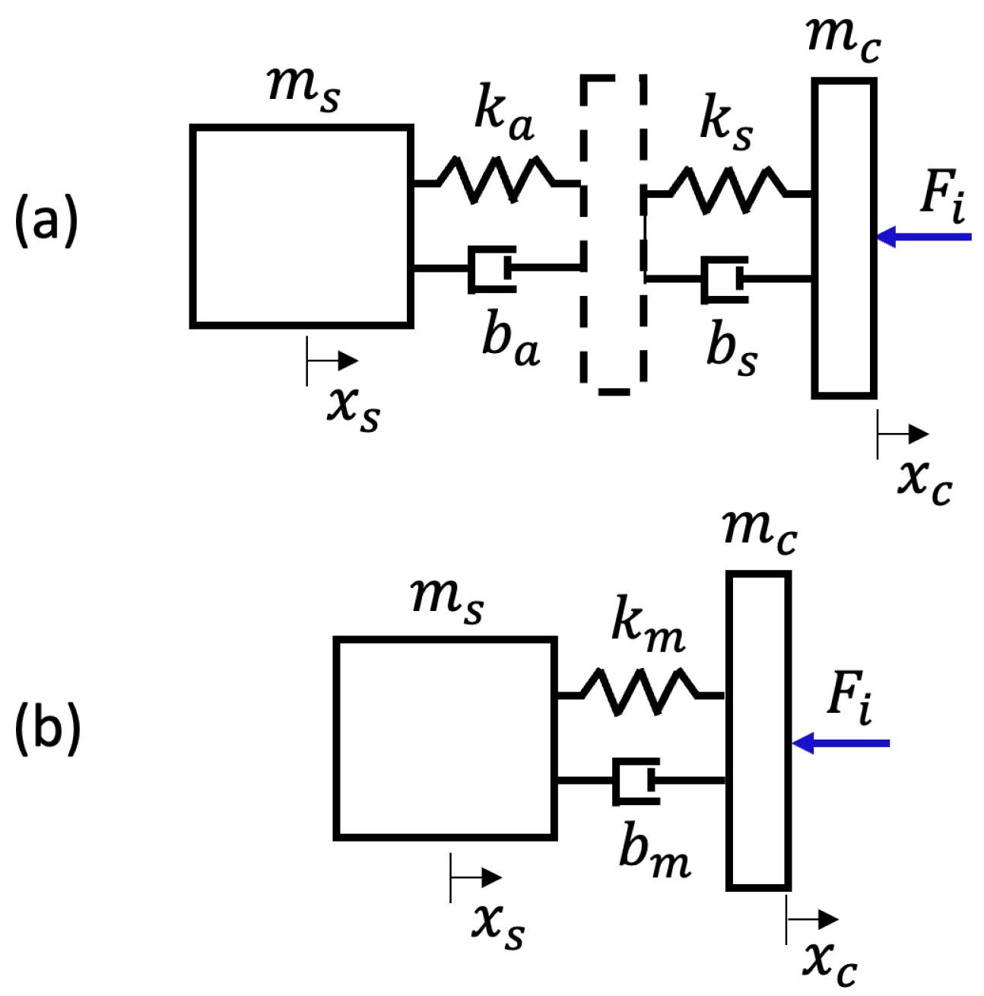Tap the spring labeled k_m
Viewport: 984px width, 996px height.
(639, 692)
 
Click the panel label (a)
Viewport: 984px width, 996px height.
(46, 221)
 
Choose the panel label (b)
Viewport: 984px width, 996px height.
(47, 728)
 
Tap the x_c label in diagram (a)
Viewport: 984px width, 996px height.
(924, 480)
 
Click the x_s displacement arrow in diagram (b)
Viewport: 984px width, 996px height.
(475, 878)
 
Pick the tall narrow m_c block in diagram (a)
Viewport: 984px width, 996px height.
(844, 238)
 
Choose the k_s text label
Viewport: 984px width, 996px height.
(726, 122)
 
